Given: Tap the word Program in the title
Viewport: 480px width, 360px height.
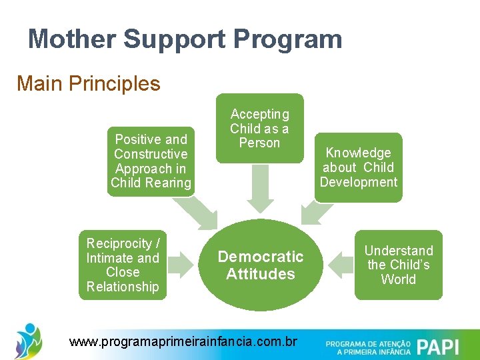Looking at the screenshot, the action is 287,39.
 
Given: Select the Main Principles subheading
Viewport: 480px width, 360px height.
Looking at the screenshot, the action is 89,83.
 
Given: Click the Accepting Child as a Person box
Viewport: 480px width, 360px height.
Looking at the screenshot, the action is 259,128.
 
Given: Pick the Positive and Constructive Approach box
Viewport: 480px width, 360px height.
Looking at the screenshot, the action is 151,161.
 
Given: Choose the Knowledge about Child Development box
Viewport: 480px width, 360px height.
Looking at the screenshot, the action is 359,167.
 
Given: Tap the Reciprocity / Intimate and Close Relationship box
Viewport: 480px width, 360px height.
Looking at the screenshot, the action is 123,265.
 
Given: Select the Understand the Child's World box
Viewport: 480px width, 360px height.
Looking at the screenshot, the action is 399,265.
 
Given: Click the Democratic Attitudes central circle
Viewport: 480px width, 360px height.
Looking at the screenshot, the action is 260,265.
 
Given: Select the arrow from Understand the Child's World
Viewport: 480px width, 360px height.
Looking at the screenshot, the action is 339,265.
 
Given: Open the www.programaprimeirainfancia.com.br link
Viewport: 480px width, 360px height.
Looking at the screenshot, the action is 183,342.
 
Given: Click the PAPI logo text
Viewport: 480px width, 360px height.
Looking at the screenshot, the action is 438,347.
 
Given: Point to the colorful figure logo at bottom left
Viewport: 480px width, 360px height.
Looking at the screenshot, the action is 28,340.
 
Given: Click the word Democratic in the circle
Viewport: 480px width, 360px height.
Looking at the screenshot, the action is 260,257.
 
